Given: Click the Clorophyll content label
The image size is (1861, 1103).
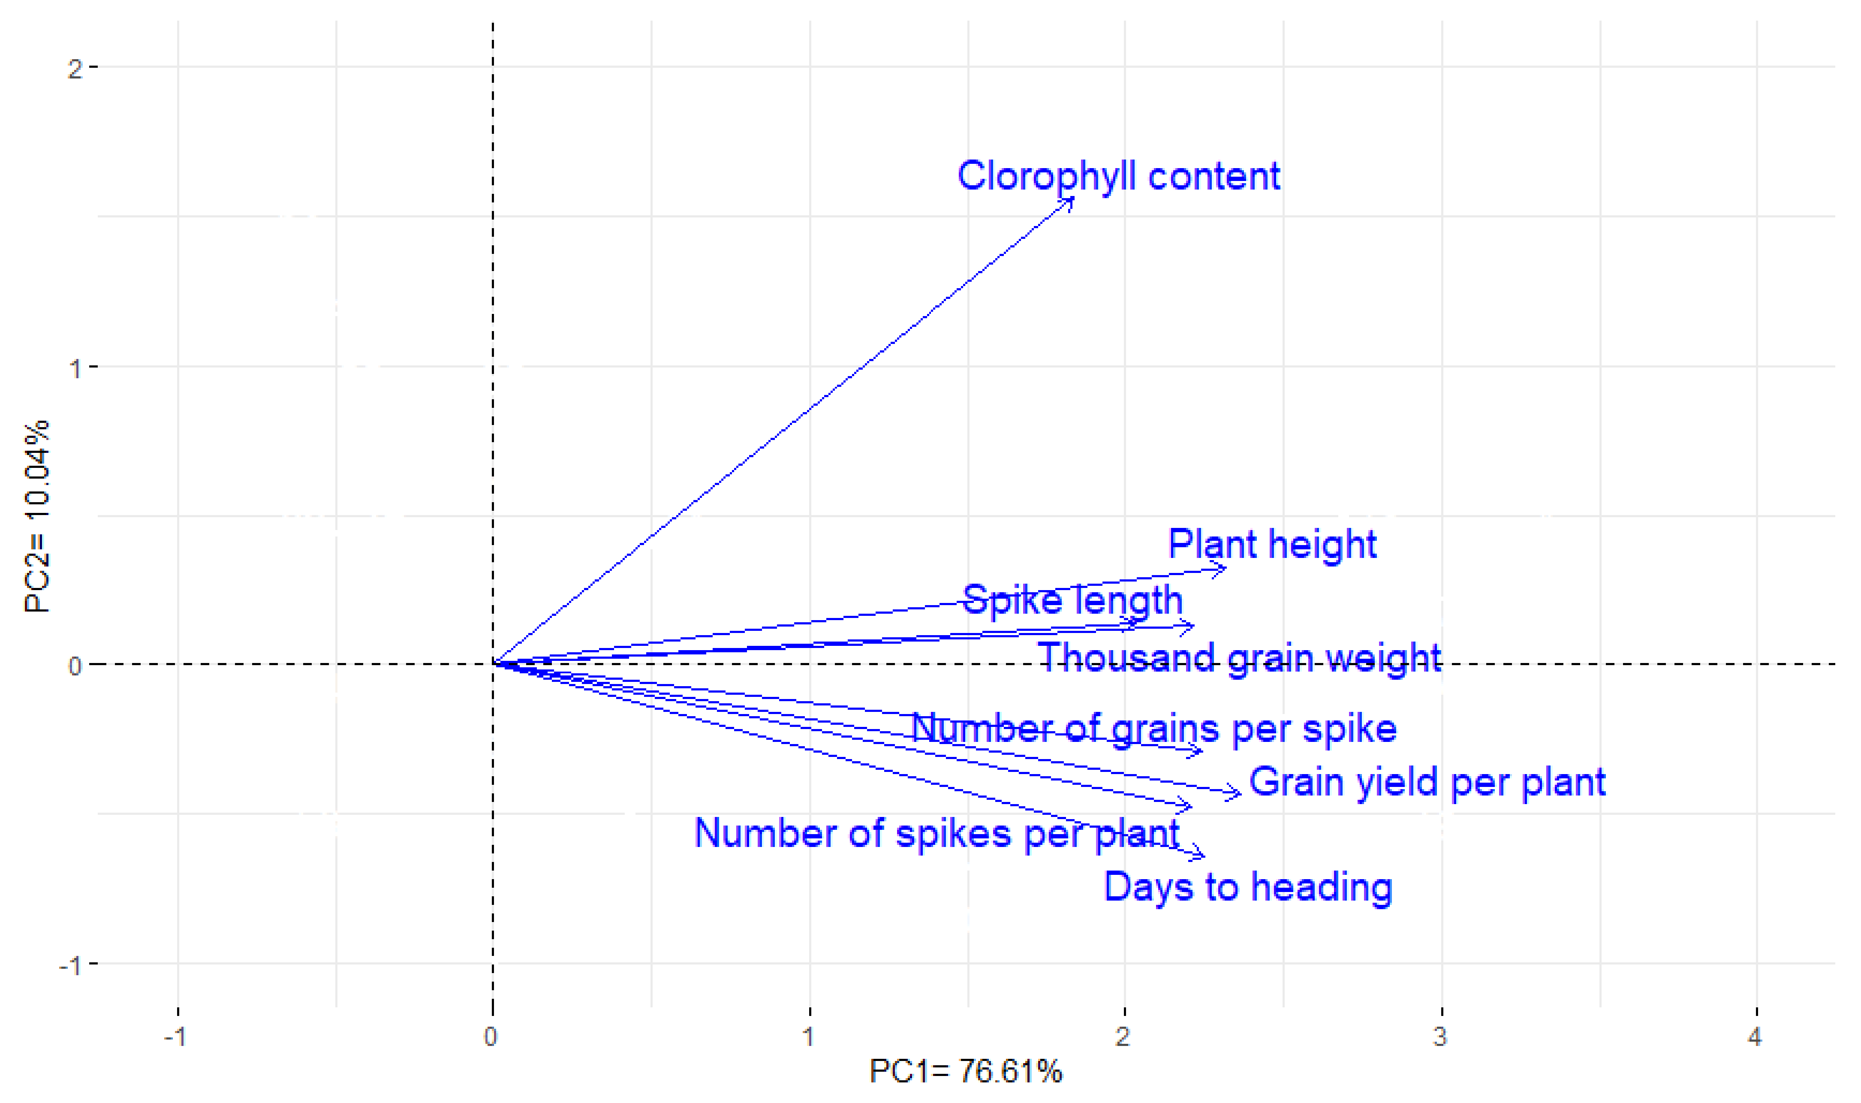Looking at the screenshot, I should click(x=1119, y=177).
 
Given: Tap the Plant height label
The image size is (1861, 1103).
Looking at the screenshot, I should click(x=1272, y=545).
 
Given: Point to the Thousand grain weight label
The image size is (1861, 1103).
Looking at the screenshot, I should click(x=1239, y=659).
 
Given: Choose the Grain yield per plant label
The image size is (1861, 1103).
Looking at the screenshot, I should click(x=1427, y=783).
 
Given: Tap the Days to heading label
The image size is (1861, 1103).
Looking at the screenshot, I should click(x=1248, y=887).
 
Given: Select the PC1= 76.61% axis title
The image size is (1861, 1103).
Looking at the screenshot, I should click(x=965, y=1071).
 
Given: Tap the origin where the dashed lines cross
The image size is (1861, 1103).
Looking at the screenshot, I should click(x=493, y=664).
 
